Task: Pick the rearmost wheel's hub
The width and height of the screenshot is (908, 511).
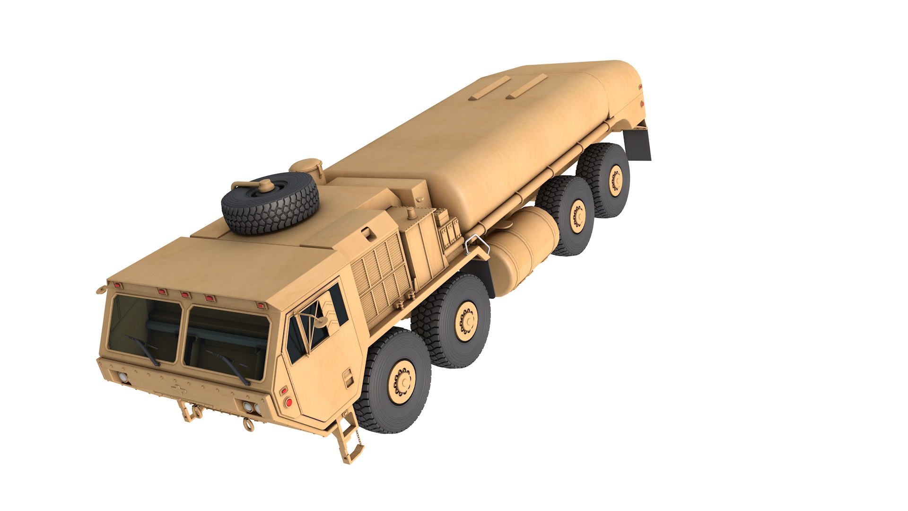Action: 616,180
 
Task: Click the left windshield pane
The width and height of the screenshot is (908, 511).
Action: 144,329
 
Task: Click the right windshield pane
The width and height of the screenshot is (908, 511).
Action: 226,343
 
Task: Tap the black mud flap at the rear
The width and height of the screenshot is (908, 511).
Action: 638,145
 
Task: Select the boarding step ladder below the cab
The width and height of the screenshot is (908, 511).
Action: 349,435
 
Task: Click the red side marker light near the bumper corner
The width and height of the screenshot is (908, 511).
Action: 288,402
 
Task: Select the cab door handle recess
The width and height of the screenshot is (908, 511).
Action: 348,379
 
